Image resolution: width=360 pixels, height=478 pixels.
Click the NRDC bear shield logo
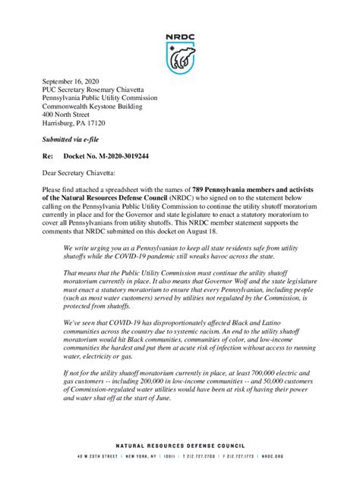click(x=179, y=55)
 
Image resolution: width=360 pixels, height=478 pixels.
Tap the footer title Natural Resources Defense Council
click(x=180, y=446)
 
